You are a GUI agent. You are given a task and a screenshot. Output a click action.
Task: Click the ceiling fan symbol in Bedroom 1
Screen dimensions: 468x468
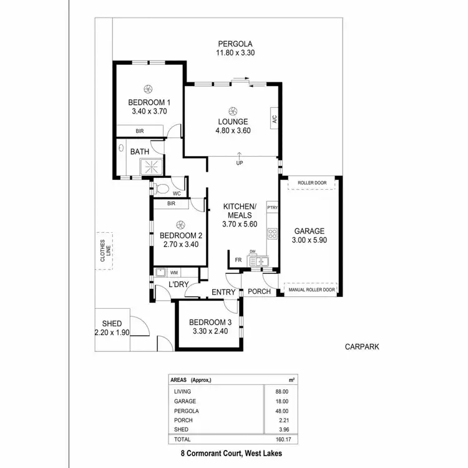point(149,89)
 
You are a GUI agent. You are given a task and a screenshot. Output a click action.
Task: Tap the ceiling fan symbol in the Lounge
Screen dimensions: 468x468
point(232,109)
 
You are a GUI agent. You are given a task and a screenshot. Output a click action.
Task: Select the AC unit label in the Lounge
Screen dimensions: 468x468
point(274,119)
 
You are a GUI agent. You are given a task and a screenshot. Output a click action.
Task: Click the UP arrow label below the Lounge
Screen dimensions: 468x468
point(239,163)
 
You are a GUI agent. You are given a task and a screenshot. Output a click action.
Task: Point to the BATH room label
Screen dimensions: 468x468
point(139,151)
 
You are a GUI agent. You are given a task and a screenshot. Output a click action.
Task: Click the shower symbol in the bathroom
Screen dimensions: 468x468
point(149,167)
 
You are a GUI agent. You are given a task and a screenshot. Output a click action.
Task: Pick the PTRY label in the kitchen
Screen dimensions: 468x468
point(272,207)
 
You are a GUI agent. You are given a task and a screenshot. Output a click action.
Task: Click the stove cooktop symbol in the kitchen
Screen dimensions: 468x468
point(273,234)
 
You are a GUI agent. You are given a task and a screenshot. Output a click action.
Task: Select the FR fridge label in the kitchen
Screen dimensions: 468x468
point(238,260)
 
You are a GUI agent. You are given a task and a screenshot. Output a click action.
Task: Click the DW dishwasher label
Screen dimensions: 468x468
point(252,252)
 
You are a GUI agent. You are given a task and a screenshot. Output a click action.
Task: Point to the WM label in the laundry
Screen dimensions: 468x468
point(174,273)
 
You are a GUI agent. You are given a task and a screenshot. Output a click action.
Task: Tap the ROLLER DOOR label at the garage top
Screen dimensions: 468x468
point(312,183)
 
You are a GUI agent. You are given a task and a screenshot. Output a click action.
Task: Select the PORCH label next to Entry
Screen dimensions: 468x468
point(260,291)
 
